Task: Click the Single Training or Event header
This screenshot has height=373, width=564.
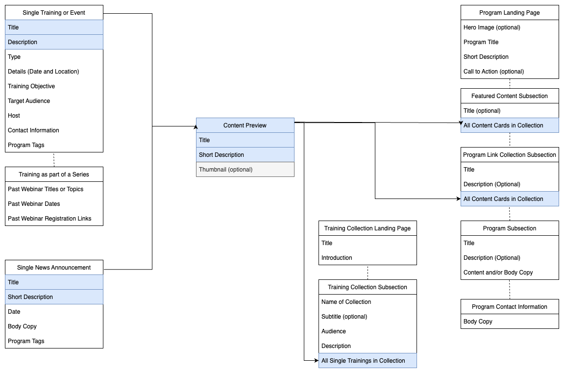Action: coord(54,13)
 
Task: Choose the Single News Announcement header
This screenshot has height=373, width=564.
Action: coord(54,268)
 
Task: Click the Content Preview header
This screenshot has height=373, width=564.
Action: coord(245,125)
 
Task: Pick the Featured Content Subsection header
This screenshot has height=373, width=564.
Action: coord(510,96)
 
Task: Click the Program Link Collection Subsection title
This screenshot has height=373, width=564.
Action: coord(510,155)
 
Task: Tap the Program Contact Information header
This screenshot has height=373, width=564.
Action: coord(510,307)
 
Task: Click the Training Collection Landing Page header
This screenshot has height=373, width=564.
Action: coord(368,228)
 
